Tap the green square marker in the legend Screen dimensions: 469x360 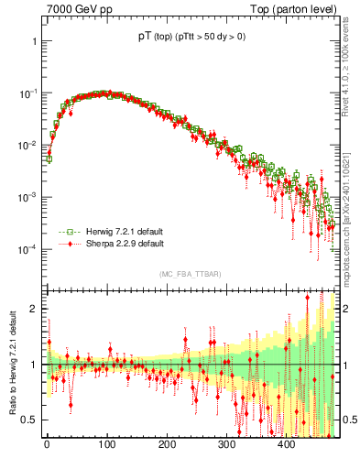[x=64, y=232]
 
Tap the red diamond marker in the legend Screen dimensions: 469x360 [x=64, y=244]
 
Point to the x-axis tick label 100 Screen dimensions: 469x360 [x=106, y=446]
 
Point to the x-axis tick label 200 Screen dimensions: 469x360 [x=167, y=446]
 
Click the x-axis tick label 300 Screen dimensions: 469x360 [x=226, y=446]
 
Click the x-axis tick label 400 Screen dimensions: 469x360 [x=286, y=446]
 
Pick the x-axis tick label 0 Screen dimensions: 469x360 [x=47, y=446]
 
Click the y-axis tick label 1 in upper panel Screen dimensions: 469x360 [x=32, y=42]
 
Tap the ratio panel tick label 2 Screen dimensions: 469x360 [x=32, y=310]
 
